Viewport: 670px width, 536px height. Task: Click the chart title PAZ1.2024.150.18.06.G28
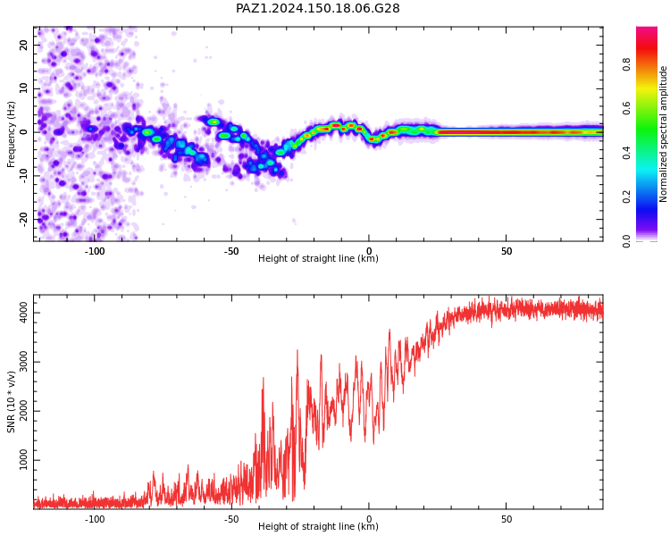(317, 8)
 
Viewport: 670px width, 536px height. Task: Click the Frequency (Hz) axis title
(11, 134)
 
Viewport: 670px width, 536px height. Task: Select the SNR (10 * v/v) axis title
(11, 402)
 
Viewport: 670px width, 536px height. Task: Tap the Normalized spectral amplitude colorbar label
(663, 134)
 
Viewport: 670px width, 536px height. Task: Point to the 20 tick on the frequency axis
(23, 45)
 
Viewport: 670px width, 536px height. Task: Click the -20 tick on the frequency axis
(23, 219)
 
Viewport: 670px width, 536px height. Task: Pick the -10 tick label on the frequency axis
(23, 176)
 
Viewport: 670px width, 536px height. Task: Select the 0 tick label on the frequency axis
(23, 132)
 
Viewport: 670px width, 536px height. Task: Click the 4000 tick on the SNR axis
(23, 313)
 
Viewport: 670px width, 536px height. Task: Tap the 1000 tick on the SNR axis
(23, 460)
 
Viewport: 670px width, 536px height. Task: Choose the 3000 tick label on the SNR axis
(23, 362)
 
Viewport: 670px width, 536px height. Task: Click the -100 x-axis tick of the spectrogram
(95, 251)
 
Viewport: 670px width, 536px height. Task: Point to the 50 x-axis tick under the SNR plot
(507, 519)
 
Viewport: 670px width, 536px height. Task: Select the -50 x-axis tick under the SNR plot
(231, 519)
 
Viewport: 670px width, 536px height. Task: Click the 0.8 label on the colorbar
(626, 65)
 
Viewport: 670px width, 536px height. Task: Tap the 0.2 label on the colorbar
(626, 197)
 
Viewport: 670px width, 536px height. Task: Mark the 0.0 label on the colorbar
(626, 241)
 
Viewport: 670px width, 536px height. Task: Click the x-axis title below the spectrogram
(318, 258)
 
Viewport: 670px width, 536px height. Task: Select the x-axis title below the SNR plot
(318, 526)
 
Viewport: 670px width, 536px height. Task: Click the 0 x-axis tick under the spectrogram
(369, 251)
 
